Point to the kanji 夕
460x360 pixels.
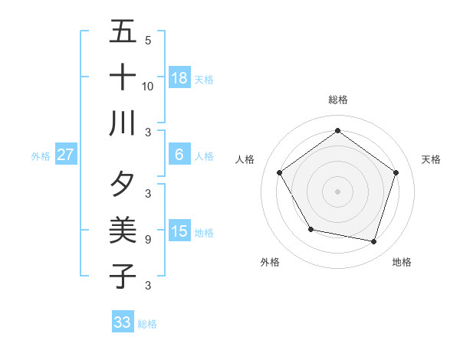(x=123, y=185)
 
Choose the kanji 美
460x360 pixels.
(x=123, y=230)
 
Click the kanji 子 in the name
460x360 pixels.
(x=123, y=276)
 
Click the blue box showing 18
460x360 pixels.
(x=179, y=77)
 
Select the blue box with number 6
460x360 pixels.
(x=179, y=154)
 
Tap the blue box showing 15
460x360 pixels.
(x=179, y=231)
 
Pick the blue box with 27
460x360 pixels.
(x=66, y=154)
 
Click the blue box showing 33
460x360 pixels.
(x=123, y=322)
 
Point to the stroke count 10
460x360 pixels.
(x=148, y=86)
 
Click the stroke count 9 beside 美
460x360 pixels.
(x=147, y=239)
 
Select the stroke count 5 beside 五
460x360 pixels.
(x=147, y=41)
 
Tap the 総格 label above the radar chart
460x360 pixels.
(x=337, y=100)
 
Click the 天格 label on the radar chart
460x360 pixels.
(x=431, y=159)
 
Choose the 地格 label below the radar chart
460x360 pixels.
(x=402, y=262)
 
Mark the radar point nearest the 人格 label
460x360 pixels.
(x=280, y=172)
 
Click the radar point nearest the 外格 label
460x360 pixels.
(x=310, y=229)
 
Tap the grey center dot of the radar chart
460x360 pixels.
(x=337, y=191)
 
